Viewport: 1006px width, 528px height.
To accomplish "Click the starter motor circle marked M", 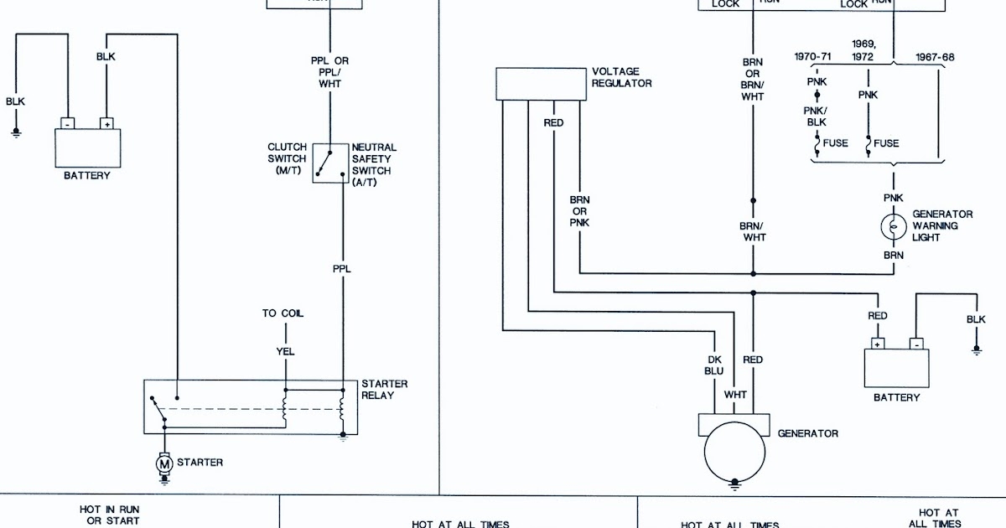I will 165,462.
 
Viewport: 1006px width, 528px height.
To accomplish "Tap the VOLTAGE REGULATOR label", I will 621,77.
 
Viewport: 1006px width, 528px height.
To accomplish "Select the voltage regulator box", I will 541,84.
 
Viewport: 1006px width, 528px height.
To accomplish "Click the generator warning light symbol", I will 894,226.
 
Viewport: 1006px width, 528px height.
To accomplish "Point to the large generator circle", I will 734,453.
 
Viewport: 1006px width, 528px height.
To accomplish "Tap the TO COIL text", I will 283,313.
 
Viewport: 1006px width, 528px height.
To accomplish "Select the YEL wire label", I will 285,351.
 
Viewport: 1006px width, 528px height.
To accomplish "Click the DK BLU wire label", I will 715,365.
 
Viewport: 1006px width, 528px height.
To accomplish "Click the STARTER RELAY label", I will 384,389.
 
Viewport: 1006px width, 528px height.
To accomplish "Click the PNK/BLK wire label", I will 817,116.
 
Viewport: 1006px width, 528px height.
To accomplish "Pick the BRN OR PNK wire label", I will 580,211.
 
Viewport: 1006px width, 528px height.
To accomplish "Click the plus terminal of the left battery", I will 106,122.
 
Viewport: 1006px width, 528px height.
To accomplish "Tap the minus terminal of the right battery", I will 915,344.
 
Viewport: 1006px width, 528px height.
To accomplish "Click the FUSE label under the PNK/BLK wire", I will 835,143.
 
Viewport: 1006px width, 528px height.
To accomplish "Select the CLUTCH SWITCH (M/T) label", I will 287,158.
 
